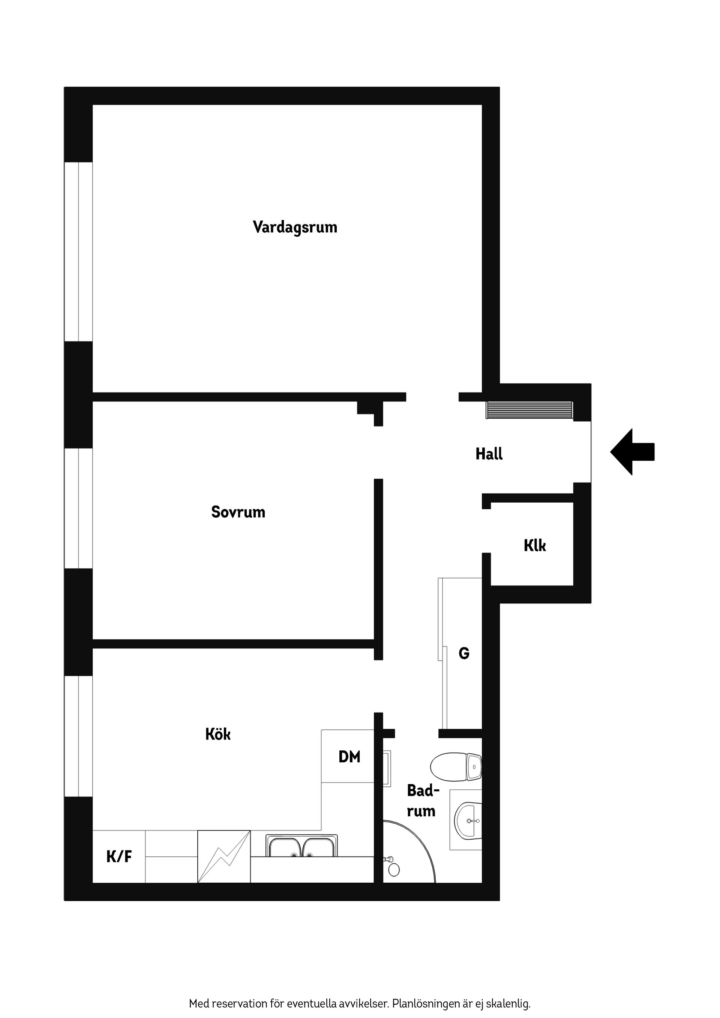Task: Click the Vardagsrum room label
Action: pos(295,228)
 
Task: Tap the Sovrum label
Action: pos(238,512)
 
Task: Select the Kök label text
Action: pos(218,734)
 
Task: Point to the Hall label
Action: pos(489,454)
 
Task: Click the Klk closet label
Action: pos(535,545)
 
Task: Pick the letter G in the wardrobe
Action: pos(464,653)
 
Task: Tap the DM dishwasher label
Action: pos(349,757)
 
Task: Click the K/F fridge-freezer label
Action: pos(119,856)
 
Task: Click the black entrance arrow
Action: pos(632,452)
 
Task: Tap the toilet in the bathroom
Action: pos(456,766)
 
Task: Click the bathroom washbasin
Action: pos(468,820)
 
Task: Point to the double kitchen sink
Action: pos(301,846)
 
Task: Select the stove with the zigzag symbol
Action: pos(224,856)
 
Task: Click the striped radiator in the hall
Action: pos(529,410)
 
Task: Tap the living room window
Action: pos(78,252)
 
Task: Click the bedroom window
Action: pos(78,509)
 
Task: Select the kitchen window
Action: pos(78,736)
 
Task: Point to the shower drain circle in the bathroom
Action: pos(394,870)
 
